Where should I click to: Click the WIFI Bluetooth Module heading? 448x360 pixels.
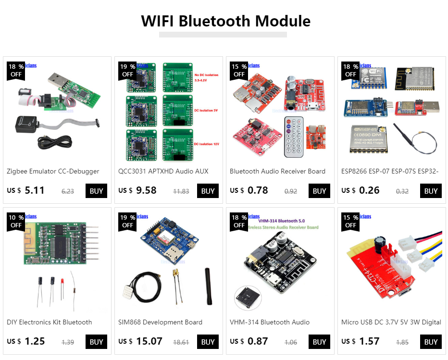(x=225, y=21)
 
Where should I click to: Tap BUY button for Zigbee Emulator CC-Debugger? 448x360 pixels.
(x=96, y=191)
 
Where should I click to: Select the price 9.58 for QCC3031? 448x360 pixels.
(x=146, y=190)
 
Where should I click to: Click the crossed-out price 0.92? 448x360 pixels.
(x=291, y=191)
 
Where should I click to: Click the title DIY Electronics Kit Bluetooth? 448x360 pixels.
(x=49, y=322)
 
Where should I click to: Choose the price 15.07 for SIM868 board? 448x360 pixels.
(x=149, y=341)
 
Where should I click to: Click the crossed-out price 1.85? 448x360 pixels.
(x=402, y=342)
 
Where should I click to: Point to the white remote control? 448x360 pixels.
(x=294, y=137)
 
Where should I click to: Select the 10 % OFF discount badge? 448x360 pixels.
(x=16, y=221)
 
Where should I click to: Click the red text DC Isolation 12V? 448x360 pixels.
(x=206, y=144)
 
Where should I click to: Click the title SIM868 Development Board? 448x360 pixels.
(x=160, y=322)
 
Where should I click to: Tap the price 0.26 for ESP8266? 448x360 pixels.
(x=369, y=190)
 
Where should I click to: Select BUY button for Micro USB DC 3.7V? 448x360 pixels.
(x=431, y=342)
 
